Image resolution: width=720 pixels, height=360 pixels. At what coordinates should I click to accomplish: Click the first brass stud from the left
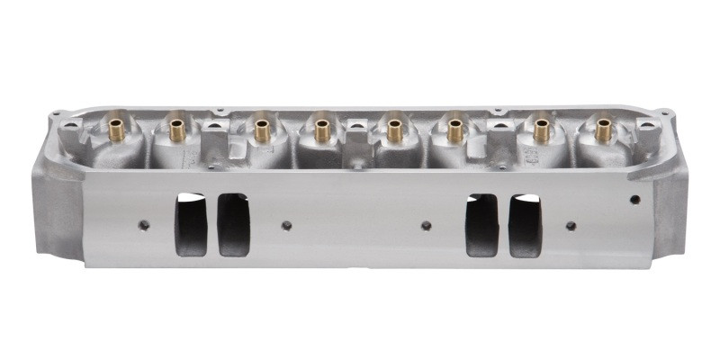(115, 130)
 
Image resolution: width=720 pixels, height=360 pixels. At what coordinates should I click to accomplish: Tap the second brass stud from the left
(177, 130)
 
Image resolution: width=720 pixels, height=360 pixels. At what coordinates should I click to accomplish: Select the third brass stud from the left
(261, 130)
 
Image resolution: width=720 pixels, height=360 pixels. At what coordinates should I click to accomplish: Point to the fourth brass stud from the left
(323, 131)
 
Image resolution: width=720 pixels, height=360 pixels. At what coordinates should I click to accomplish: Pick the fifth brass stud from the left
(394, 131)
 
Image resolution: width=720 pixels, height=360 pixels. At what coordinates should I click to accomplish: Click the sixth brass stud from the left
(455, 131)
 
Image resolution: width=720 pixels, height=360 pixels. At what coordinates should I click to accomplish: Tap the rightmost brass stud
(603, 131)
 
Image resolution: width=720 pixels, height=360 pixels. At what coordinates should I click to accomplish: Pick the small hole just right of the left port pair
(286, 225)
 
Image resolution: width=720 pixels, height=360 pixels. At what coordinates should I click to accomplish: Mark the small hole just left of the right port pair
(427, 225)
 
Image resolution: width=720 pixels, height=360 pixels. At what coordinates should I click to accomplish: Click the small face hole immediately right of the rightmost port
(570, 225)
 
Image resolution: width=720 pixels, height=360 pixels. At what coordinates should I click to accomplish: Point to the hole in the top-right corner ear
(665, 113)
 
